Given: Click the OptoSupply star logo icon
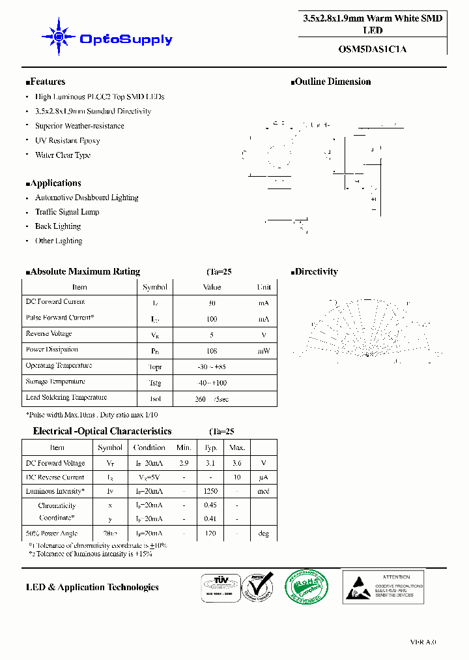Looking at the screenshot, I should pyautogui.click(x=59, y=38).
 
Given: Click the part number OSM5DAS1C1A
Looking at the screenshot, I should pyautogui.click(x=373, y=48).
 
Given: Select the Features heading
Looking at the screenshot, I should pyautogui.click(x=46, y=82).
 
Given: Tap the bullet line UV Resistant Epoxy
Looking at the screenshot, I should pyautogui.click(x=67, y=141).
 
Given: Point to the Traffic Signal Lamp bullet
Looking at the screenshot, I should pyautogui.click(x=67, y=212).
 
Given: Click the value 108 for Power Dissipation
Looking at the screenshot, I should pyautogui.click(x=212, y=351).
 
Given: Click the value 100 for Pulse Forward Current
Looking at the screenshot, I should pyautogui.click(x=212, y=319).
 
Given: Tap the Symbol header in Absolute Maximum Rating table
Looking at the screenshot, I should pyautogui.click(x=155, y=287).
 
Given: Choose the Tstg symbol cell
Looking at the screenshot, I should pyautogui.click(x=155, y=383).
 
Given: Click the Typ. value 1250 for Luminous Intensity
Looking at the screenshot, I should pyautogui.click(x=210, y=491).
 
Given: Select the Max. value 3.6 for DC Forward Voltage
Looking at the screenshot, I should pyautogui.click(x=237, y=463).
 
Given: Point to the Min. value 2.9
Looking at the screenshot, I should pyautogui.click(x=184, y=463).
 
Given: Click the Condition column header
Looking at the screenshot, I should pyautogui.click(x=149, y=447).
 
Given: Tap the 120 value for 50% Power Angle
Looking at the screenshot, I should pyautogui.click(x=210, y=533).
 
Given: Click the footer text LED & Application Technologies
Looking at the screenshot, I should pyautogui.click(x=92, y=588).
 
